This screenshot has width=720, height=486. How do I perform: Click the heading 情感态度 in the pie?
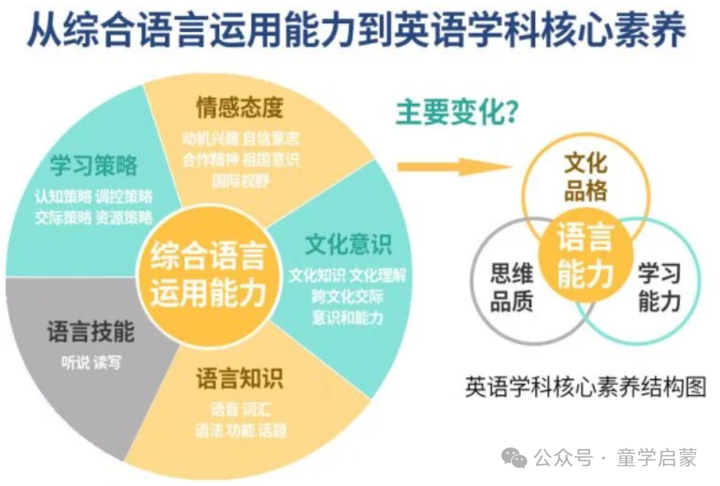pos(239,107)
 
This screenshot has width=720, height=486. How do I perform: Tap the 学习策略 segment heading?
pos(93,164)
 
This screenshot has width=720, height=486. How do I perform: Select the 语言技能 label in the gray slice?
pos(91,333)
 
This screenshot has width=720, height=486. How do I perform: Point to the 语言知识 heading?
pos(239,378)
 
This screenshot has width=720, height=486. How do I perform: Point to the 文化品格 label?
pos(586,177)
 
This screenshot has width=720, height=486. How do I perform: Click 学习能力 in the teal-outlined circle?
pos(660,288)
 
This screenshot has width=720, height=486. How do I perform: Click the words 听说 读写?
pos(91,362)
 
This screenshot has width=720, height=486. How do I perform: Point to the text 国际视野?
pos(240,180)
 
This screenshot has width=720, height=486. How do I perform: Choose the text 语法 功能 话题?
pos(240,429)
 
